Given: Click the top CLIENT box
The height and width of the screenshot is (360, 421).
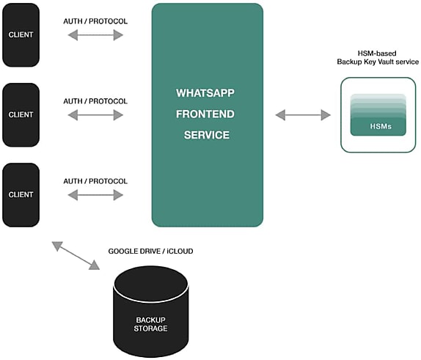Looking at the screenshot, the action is (21, 35).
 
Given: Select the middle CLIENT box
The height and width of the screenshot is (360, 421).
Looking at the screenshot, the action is (21, 115).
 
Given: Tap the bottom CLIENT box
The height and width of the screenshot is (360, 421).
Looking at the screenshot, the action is (21, 195).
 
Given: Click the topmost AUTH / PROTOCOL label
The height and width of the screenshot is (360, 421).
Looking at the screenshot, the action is (95, 21).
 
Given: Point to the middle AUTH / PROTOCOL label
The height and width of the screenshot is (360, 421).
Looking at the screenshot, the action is (95, 101).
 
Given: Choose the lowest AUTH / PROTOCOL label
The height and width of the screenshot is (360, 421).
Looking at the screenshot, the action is (95, 181).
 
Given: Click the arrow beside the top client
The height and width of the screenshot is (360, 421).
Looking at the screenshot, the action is (95, 35).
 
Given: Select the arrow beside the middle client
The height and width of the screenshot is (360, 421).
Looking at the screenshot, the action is (95, 115).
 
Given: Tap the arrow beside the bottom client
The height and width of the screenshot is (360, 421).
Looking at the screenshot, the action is (95, 195).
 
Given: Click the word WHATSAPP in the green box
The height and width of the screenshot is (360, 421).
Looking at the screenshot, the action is (205, 93).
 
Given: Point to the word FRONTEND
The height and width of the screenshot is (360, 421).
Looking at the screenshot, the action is (205, 114).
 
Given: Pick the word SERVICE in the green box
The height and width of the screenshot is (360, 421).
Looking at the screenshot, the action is (207, 135).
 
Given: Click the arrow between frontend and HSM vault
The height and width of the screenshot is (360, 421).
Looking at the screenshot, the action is (303, 115).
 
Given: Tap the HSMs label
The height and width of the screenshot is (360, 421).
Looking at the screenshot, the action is (381, 126).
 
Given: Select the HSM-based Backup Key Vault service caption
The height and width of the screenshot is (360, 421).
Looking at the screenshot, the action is (378, 57).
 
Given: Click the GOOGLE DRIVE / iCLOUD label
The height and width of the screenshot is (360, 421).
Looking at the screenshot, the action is (150, 251).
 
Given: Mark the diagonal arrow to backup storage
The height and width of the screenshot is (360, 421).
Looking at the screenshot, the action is (76, 255).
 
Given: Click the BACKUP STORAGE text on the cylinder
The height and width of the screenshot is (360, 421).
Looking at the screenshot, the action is (150, 324).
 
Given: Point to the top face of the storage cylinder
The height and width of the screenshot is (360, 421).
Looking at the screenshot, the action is (150, 284).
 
